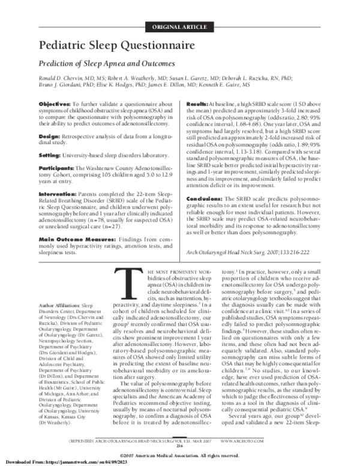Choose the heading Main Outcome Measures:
point(73,239)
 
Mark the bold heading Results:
point(200,104)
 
